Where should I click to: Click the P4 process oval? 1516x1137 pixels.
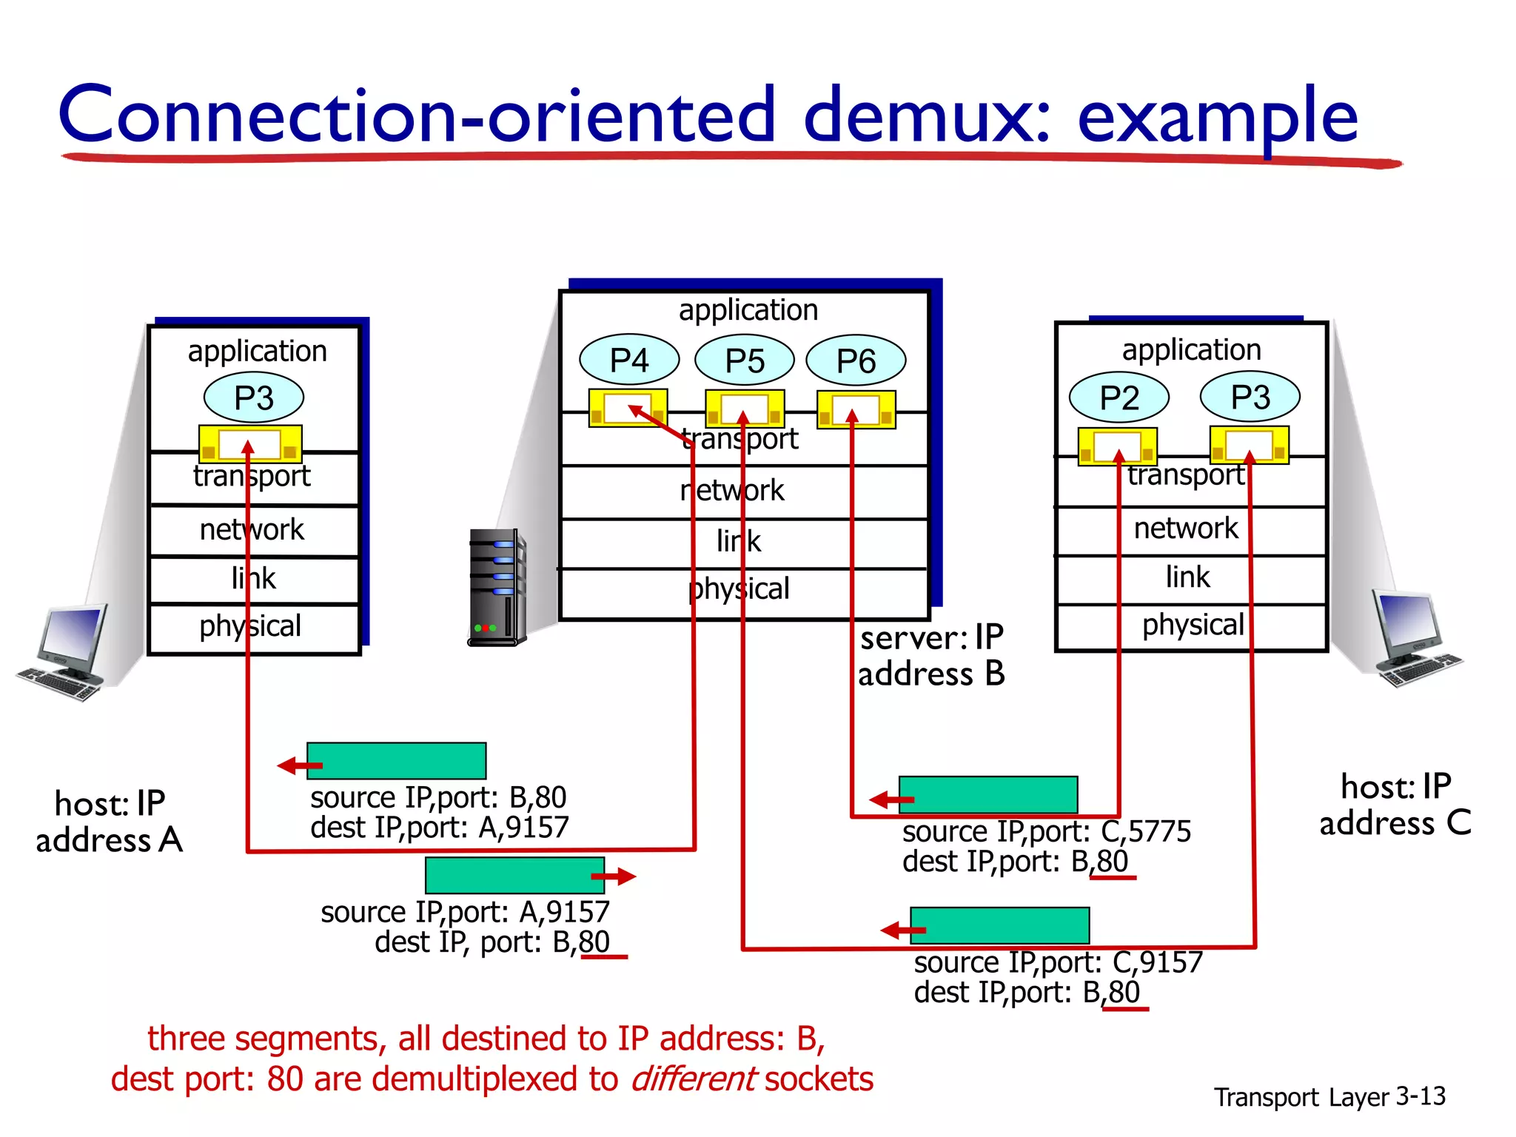[x=629, y=360]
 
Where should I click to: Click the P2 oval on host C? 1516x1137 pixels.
[x=1118, y=398]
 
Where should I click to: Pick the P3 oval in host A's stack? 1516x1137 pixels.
[x=254, y=398]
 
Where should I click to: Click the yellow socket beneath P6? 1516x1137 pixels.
[x=856, y=409]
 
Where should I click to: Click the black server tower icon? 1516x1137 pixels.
[x=497, y=588]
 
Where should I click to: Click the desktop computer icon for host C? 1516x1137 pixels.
[x=1415, y=638]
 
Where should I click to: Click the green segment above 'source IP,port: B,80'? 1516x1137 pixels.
[x=397, y=761]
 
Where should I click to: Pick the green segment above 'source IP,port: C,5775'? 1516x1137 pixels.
[x=988, y=795]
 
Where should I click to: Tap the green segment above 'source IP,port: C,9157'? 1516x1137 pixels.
[x=999, y=925]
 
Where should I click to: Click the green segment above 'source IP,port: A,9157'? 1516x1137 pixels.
[x=514, y=876]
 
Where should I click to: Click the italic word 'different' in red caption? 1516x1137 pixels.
[x=694, y=1079]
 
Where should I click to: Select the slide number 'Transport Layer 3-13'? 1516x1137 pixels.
[x=1329, y=1096]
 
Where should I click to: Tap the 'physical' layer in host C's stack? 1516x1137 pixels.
[x=1192, y=625]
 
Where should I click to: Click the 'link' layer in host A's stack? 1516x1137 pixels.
[x=254, y=579]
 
